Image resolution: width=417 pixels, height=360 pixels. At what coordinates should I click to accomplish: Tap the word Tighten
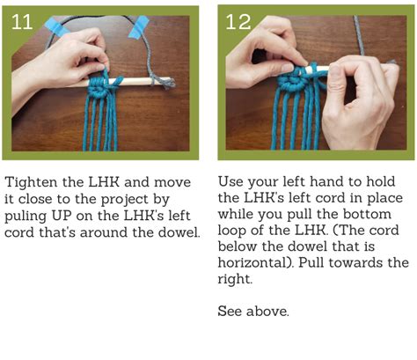[32, 182]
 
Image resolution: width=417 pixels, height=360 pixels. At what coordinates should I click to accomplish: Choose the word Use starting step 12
[230, 182]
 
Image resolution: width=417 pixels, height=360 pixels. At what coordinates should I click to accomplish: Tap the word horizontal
[256, 262]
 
